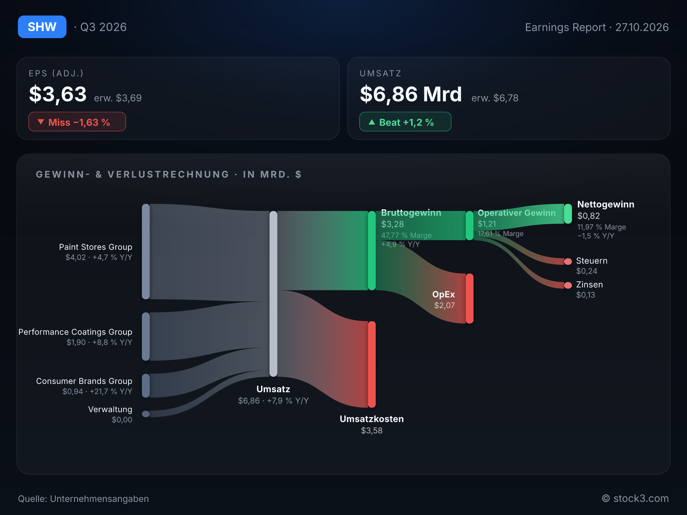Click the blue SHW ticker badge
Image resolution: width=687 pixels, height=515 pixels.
tap(42, 27)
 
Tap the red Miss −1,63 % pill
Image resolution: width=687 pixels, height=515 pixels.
tap(77, 122)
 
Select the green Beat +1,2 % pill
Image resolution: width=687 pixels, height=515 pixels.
tap(405, 122)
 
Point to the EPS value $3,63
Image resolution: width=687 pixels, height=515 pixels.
tap(58, 94)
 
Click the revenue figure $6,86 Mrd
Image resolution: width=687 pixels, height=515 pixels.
tap(411, 94)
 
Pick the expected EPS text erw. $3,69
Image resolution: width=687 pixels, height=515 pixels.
tap(118, 98)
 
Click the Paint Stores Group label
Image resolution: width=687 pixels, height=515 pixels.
tap(96, 247)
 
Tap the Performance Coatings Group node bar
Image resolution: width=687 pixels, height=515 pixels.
tap(146, 337)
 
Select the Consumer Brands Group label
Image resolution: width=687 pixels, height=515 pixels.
tap(84, 381)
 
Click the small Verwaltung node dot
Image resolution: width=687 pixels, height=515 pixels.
tap(146, 414)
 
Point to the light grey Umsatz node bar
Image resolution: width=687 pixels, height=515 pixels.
tap(273, 294)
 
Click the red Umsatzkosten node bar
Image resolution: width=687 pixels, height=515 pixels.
tap(372, 364)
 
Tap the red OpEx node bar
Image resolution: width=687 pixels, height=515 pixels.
tap(470, 298)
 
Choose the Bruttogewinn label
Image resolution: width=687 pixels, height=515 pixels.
tap(411, 213)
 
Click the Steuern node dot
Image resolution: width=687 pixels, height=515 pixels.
tap(568, 262)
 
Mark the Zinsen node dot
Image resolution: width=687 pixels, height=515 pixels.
tap(568, 285)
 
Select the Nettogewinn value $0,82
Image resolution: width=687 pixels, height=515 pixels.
tap(589, 216)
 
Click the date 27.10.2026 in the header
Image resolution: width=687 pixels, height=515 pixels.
tap(642, 27)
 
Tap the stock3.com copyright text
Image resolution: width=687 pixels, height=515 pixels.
tap(635, 499)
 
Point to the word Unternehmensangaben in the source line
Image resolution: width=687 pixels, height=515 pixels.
tap(99, 499)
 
